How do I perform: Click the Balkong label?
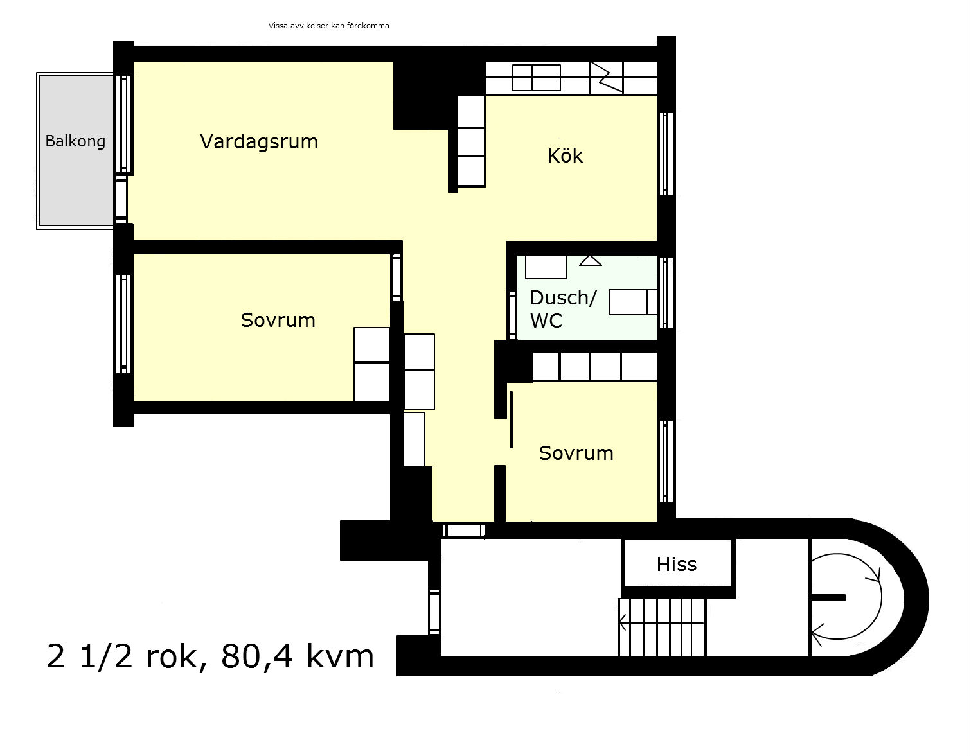(x=76, y=141)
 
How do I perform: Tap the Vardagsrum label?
(x=259, y=142)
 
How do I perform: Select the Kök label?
(x=566, y=156)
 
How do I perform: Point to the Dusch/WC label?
(x=563, y=309)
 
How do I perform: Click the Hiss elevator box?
(x=677, y=563)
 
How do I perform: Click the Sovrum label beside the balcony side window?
(x=278, y=320)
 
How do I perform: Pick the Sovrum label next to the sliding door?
(x=576, y=453)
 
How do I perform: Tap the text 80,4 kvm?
(x=297, y=656)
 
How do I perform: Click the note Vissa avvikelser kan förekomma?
(x=328, y=26)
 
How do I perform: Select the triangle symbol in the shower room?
(x=591, y=260)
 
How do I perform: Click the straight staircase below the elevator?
(x=661, y=627)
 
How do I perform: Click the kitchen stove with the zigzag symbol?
(x=607, y=78)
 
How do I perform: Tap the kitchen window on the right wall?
(x=666, y=154)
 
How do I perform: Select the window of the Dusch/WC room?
(x=666, y=292)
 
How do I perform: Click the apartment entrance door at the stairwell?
(x=464, y=530)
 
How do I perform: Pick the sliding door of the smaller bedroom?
(x=511, y=419)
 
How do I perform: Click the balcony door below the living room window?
(x=121, y=199)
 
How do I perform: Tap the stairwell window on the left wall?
(x=434, y=611)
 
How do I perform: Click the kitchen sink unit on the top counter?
(x=536, y=78)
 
